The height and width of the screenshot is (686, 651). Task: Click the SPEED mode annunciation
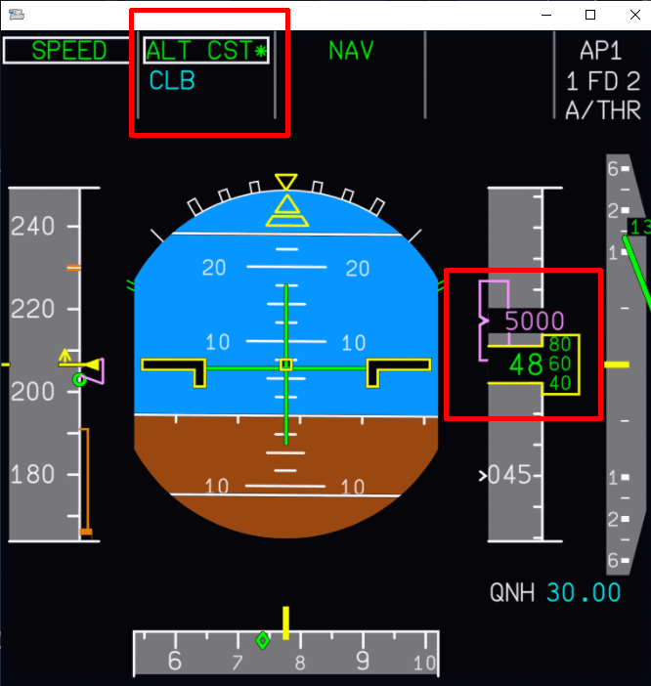67,51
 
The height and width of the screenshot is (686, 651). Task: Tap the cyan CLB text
172,81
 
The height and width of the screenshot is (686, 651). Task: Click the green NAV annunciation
351,51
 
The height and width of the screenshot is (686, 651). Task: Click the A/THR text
603,110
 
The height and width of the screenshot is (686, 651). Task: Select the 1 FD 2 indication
603,81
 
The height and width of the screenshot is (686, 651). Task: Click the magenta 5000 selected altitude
535,322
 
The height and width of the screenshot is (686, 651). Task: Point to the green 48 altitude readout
526,365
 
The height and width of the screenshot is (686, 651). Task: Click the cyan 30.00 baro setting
584,593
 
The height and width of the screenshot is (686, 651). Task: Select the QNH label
512,593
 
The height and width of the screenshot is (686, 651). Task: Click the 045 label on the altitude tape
509,475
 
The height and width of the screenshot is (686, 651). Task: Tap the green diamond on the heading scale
262,640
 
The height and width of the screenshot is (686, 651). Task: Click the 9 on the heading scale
363,662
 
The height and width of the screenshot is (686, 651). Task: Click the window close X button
629,15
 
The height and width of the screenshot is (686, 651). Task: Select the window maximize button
590,15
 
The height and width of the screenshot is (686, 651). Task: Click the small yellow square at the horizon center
285,364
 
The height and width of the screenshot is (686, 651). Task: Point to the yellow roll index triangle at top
285,182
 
